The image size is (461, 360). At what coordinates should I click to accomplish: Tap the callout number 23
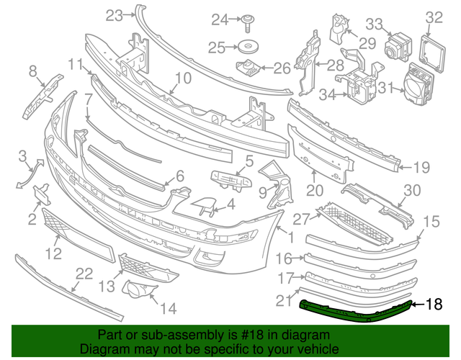click(114, 14)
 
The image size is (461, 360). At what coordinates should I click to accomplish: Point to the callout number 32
click(434, 17)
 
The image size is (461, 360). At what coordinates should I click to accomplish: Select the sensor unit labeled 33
click(395, 48)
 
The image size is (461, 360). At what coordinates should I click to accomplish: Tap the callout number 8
click(32, 71)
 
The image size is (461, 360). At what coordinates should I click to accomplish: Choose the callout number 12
click(53, 253)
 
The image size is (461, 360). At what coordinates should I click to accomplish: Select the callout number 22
click(84, 274)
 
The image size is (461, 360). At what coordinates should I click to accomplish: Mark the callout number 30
click(411, 190)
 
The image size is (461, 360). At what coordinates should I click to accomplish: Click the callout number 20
click(314, 191)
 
